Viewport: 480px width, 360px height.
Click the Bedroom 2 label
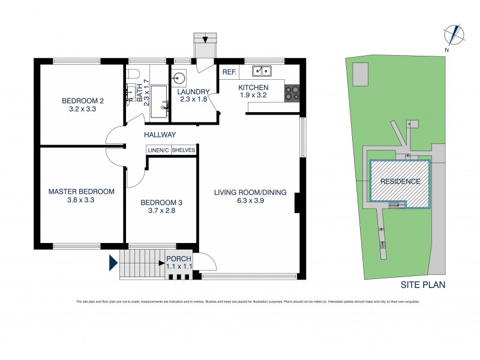(83, 100)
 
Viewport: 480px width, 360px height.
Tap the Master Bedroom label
(81, 191)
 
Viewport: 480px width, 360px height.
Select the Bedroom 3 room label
(160, 202)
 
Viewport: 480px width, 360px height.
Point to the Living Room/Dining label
(250, 192)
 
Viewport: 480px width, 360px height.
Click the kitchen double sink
(262, 71)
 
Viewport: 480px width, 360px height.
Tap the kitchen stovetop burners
(292, 92)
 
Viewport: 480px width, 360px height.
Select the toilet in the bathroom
(134, 74)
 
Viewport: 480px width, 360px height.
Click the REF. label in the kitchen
(229, 72)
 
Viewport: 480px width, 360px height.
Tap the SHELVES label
(184, 150)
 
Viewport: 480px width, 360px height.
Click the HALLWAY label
(160, 135)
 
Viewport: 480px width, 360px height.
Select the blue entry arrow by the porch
(113, 262)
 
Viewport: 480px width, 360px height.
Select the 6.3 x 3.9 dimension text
(250, 202)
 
